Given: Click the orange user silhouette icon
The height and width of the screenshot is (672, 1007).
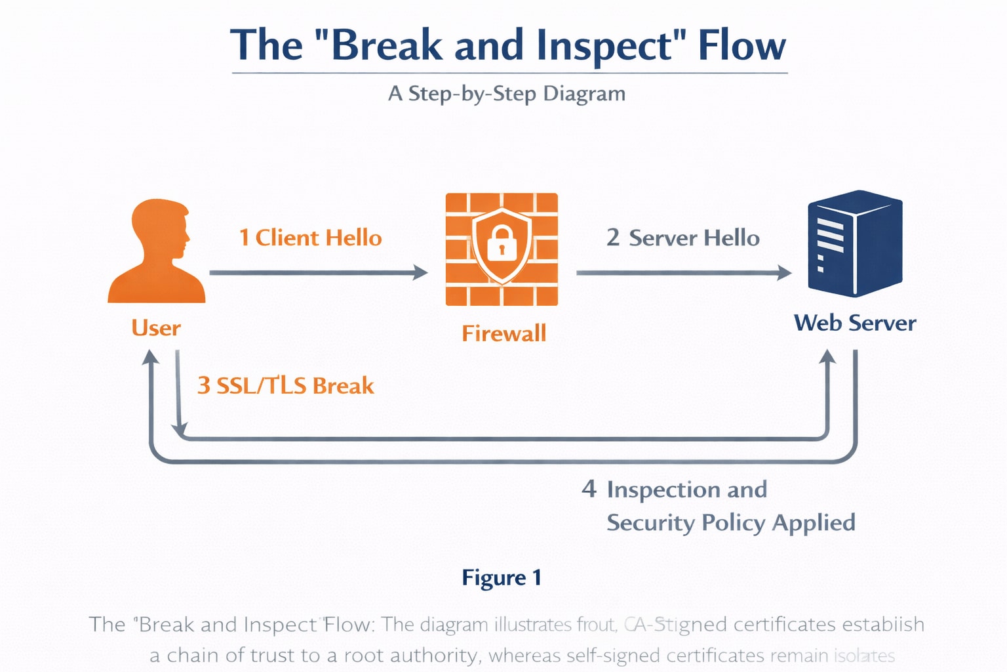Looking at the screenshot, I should pos(157,256).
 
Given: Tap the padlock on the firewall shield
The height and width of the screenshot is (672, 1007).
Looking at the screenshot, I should pos(502,243).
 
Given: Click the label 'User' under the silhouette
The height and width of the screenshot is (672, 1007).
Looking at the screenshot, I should pos(156,327).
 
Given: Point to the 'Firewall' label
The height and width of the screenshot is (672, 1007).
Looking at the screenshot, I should pos(503,333).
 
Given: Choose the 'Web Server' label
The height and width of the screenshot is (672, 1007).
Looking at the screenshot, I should pos(855,323).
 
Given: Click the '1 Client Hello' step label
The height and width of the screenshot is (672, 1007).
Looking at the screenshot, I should pos(310,238).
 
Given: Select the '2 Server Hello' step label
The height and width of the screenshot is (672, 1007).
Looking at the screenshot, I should pos(682,238).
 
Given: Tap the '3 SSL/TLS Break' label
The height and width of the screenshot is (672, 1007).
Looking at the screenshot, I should pos(285,385).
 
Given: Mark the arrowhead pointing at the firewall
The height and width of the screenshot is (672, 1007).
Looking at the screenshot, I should pos(421,272).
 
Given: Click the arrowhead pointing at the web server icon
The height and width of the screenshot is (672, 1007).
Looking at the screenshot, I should pos(785,272).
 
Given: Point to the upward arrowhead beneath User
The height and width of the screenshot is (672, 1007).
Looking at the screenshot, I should pos(151,358).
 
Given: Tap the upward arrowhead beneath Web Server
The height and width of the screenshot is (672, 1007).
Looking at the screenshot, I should pos(828,358).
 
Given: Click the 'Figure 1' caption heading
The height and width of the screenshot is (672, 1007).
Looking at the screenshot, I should pos(502,577).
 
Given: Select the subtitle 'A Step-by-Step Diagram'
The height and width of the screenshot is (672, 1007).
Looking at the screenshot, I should pos(507,93).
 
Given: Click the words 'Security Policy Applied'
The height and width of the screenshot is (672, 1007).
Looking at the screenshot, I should pos(730,522).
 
